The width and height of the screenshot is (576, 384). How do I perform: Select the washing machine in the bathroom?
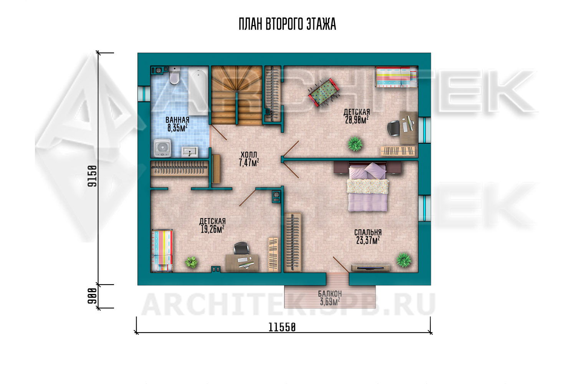click(x=162, y=148)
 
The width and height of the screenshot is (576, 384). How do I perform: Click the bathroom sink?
click(x=190, y=152)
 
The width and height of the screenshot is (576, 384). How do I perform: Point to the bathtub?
click(x=198, y=91)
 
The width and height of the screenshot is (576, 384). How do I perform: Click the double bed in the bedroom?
click(x=367, y=187)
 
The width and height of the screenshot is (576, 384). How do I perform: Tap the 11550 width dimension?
click(x=282, y=328)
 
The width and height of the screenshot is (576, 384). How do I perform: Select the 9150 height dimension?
click(x=92, y=176)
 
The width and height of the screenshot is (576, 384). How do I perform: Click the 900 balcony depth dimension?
click(x=92, y=296)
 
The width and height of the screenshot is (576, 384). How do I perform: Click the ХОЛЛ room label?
click(x=249, y=155)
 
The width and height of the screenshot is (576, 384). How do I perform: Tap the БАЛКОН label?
click(x=330, y=293)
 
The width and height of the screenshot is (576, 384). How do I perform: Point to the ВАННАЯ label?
click(x=177, y=120)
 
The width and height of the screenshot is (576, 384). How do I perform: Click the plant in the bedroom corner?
click(x=404, y=260)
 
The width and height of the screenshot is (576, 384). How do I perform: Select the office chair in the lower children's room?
click(x=241, y=248)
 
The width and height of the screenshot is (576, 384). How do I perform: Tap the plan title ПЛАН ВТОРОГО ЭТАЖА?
click(x=287, y=24)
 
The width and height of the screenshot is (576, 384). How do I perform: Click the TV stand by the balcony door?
click(x=371, y=268)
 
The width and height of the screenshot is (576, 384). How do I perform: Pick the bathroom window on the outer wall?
click(x=144, y=94)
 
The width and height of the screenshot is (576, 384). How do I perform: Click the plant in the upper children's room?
click(x=355, y=144)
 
